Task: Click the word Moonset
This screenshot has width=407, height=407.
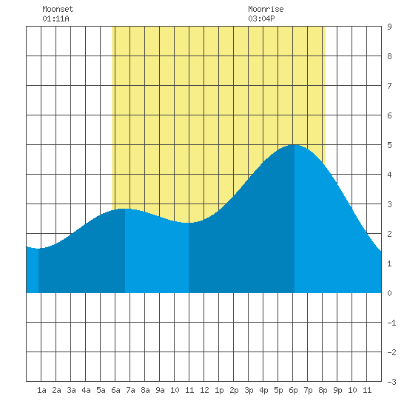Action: tap(58, 9)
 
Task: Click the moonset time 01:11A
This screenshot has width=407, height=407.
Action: tap(55, 18)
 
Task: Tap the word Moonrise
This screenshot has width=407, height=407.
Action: tap(266, 9)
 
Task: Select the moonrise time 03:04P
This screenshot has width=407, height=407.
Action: tap(261, 18)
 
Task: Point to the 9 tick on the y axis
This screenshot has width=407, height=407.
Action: tap(389, 27)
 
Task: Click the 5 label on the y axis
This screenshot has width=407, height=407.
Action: tap(389, 145)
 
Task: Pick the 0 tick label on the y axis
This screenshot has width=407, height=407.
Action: tap(389, 293)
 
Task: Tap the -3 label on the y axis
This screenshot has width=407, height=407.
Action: tap(391, 382)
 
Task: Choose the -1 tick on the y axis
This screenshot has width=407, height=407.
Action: tap(391, 323)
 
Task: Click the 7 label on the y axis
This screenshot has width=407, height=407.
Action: tap(389, 86)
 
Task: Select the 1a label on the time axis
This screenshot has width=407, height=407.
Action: tap(41, 390)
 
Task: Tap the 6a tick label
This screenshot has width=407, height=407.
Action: tap(115, 390)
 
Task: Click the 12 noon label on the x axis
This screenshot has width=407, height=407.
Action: tap(204, 390)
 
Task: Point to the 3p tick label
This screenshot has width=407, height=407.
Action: tap(249, 390)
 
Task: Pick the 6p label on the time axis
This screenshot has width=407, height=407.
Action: tap(293, 390)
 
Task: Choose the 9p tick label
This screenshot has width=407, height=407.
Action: tap(337, 390)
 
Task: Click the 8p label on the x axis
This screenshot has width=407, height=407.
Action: tap(323, 390)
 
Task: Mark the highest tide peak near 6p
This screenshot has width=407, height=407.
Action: tap(295, 145)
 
